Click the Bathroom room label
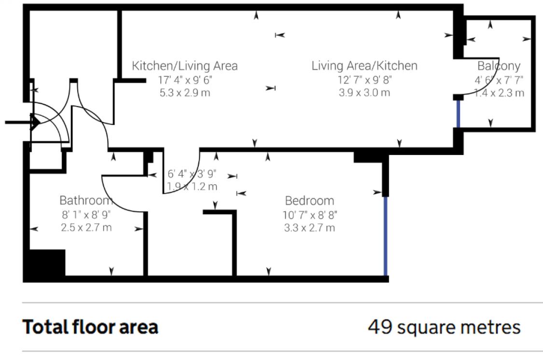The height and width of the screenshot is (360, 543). (86, 200)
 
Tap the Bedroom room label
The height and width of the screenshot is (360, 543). (309, 201)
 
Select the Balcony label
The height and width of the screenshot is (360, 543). (499, 66)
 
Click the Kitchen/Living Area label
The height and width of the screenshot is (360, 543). (185, 66)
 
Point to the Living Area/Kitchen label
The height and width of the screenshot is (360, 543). (364, 66)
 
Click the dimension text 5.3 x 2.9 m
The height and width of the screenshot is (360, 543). (185, 93)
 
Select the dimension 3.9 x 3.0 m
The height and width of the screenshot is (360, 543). (364, 93)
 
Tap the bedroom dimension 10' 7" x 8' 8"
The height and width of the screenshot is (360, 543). (309, 215)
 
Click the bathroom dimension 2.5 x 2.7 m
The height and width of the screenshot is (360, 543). (86, 227)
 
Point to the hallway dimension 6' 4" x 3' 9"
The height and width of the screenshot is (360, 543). (192, 174)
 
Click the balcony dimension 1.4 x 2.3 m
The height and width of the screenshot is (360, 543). (499, 93)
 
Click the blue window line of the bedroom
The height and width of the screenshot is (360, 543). (386, 236)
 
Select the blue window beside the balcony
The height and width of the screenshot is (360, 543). (458, 114)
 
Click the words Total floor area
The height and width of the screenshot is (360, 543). (90, 327)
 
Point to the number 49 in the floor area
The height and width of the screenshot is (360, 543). (380, 327)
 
